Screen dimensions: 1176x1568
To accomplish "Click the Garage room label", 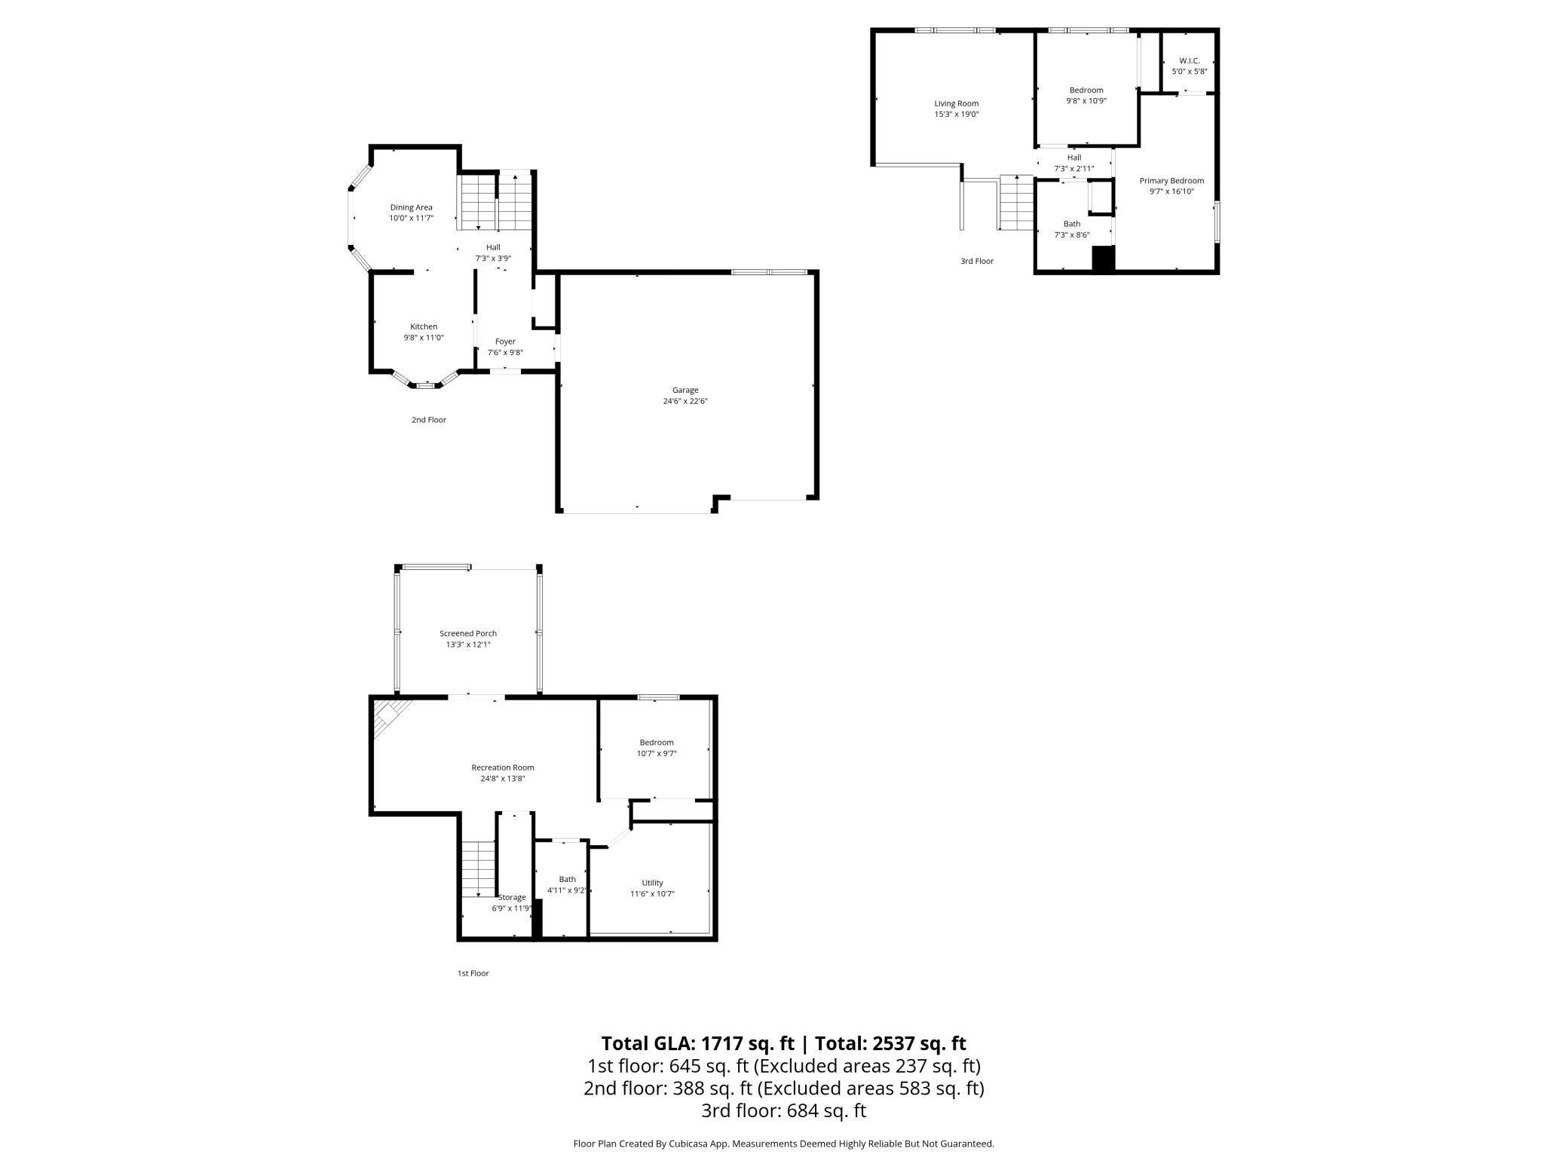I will pos(684,390).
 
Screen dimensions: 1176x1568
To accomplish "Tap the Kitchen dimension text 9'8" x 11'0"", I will pos(423,338).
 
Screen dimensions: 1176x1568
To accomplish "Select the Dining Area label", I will pos(411,207).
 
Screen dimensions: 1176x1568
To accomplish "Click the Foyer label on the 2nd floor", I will pos(505,341).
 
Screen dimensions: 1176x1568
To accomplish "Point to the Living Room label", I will pos(956,103).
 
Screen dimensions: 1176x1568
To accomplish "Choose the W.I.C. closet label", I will pos(1189,60).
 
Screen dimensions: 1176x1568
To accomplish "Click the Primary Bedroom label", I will pos(1171,181).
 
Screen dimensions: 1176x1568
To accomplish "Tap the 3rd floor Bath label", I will pos(1071,224).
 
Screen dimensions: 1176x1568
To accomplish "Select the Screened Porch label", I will pos(467,633).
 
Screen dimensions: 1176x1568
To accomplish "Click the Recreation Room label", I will pos(502,767).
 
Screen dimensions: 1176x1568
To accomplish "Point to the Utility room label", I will pos(652,883).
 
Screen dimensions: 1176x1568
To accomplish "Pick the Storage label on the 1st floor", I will pos(512,897).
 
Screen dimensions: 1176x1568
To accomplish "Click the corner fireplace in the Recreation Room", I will pos(390,713).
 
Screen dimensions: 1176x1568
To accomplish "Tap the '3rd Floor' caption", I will pos(976,261).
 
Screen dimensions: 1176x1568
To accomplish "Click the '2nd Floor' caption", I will pos(428,420).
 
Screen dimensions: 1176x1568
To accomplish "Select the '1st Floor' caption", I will pos(473,973).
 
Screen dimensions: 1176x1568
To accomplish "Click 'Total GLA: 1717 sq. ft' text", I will pos(697,1043).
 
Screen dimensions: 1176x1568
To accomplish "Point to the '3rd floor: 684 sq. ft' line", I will pos(783,1110).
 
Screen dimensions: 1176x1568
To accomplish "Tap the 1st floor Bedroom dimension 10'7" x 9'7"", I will pos(656,753).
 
